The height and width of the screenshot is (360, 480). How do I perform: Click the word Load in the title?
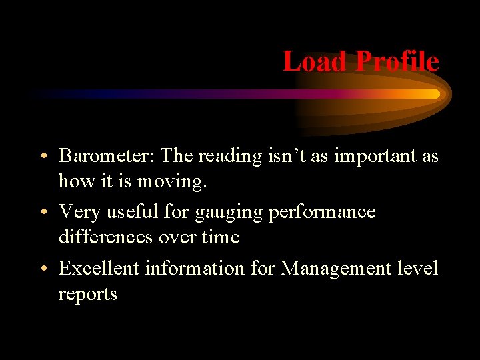[x=315, y=61]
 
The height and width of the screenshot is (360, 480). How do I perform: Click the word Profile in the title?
[x=397, y=61]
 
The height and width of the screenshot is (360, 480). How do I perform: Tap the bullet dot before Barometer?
[x=42, y=157]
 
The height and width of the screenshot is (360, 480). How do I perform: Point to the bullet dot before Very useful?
[x=42, y=213]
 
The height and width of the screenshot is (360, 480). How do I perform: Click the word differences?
[x=105, y=237]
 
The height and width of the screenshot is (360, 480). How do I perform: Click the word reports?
[x=87, y=295]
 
